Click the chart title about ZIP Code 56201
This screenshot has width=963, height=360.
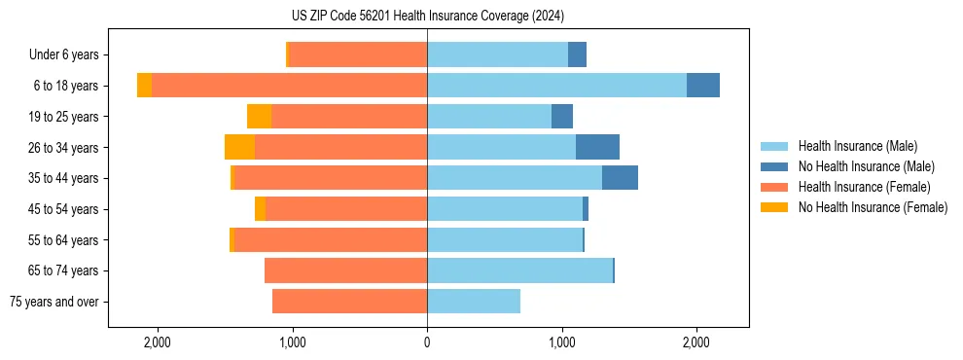pos(427,16)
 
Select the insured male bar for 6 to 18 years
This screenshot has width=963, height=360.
pos(556,86)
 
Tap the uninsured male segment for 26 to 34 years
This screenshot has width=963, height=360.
pos(597,147)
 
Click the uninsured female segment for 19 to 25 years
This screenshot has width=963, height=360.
pos(259,117)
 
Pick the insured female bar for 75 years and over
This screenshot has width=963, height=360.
pos(349,302)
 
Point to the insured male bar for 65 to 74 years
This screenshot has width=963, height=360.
pos(519,270)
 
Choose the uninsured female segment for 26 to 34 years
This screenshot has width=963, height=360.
pos(239,147)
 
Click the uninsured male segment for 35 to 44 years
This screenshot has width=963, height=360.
pos(620,178)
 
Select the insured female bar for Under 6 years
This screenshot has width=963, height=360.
pos(358,54)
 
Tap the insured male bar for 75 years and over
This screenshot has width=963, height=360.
pos(474,302)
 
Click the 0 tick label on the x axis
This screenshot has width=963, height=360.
pos(427,342)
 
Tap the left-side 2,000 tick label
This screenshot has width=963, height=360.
pos(158,342)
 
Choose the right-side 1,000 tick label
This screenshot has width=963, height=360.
pos(561,342)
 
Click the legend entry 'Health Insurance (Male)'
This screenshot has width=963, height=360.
pos(852,146)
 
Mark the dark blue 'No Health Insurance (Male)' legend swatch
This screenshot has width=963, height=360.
pos(774,166)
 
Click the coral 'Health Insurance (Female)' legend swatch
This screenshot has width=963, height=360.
pos(774,187)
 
